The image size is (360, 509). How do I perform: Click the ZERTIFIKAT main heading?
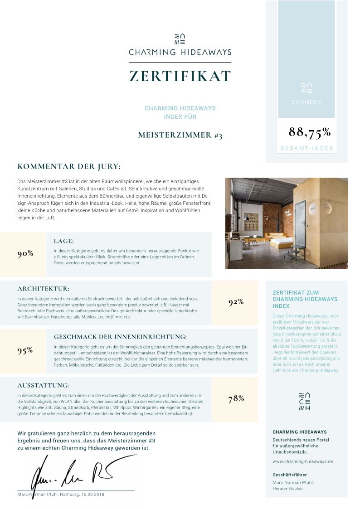(x=180, y=76)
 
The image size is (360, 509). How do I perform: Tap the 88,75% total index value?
(x=310, y=132)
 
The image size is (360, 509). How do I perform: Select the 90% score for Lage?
(x=25, y=253)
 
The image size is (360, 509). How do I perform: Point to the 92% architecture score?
(x=236, y=302)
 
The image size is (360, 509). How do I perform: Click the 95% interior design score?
(x=25, y=350)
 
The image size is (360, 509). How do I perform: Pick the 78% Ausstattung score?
(x=236, y=398)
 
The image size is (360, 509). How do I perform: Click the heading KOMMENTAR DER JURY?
(x=69, y=167)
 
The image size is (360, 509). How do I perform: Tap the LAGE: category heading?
(x=63, y=241)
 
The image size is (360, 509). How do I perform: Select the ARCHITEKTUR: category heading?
(x=44, y=289)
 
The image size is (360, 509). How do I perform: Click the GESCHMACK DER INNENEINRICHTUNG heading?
(x=120, y=337)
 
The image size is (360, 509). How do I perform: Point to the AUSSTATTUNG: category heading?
(x=43, y=385)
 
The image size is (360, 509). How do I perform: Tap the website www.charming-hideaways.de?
(x=303, y=461)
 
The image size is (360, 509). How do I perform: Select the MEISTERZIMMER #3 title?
(x=180, y=135)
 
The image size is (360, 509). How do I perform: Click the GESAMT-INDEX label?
(x=306, y=148)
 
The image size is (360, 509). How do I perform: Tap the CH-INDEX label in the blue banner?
(x=306, y=102)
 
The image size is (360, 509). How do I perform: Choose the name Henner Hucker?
(x=288, y=489)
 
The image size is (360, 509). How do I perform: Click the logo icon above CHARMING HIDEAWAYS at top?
(x=180, y=38)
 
